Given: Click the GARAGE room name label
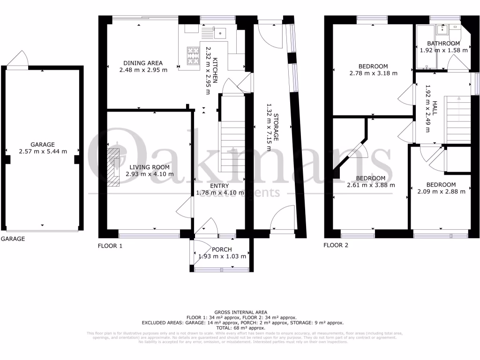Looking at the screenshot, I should (43, 144).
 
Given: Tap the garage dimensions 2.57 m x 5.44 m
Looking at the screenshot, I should (43, 151).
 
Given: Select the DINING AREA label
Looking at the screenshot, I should (143, 63).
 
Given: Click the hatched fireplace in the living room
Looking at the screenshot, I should (113, 168).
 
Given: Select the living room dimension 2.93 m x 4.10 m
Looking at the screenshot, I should (150, 174).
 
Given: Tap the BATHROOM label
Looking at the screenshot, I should (443, 44).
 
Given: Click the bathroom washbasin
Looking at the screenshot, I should (442, 30).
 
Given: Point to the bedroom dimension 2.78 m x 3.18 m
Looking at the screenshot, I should (373, 73).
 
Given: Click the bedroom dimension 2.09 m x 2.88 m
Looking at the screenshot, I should (441, 191).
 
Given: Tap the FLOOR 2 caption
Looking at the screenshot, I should (336, 245).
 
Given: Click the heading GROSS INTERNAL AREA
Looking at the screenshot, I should (240, 312).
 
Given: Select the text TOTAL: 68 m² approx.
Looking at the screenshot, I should (240, 328).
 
